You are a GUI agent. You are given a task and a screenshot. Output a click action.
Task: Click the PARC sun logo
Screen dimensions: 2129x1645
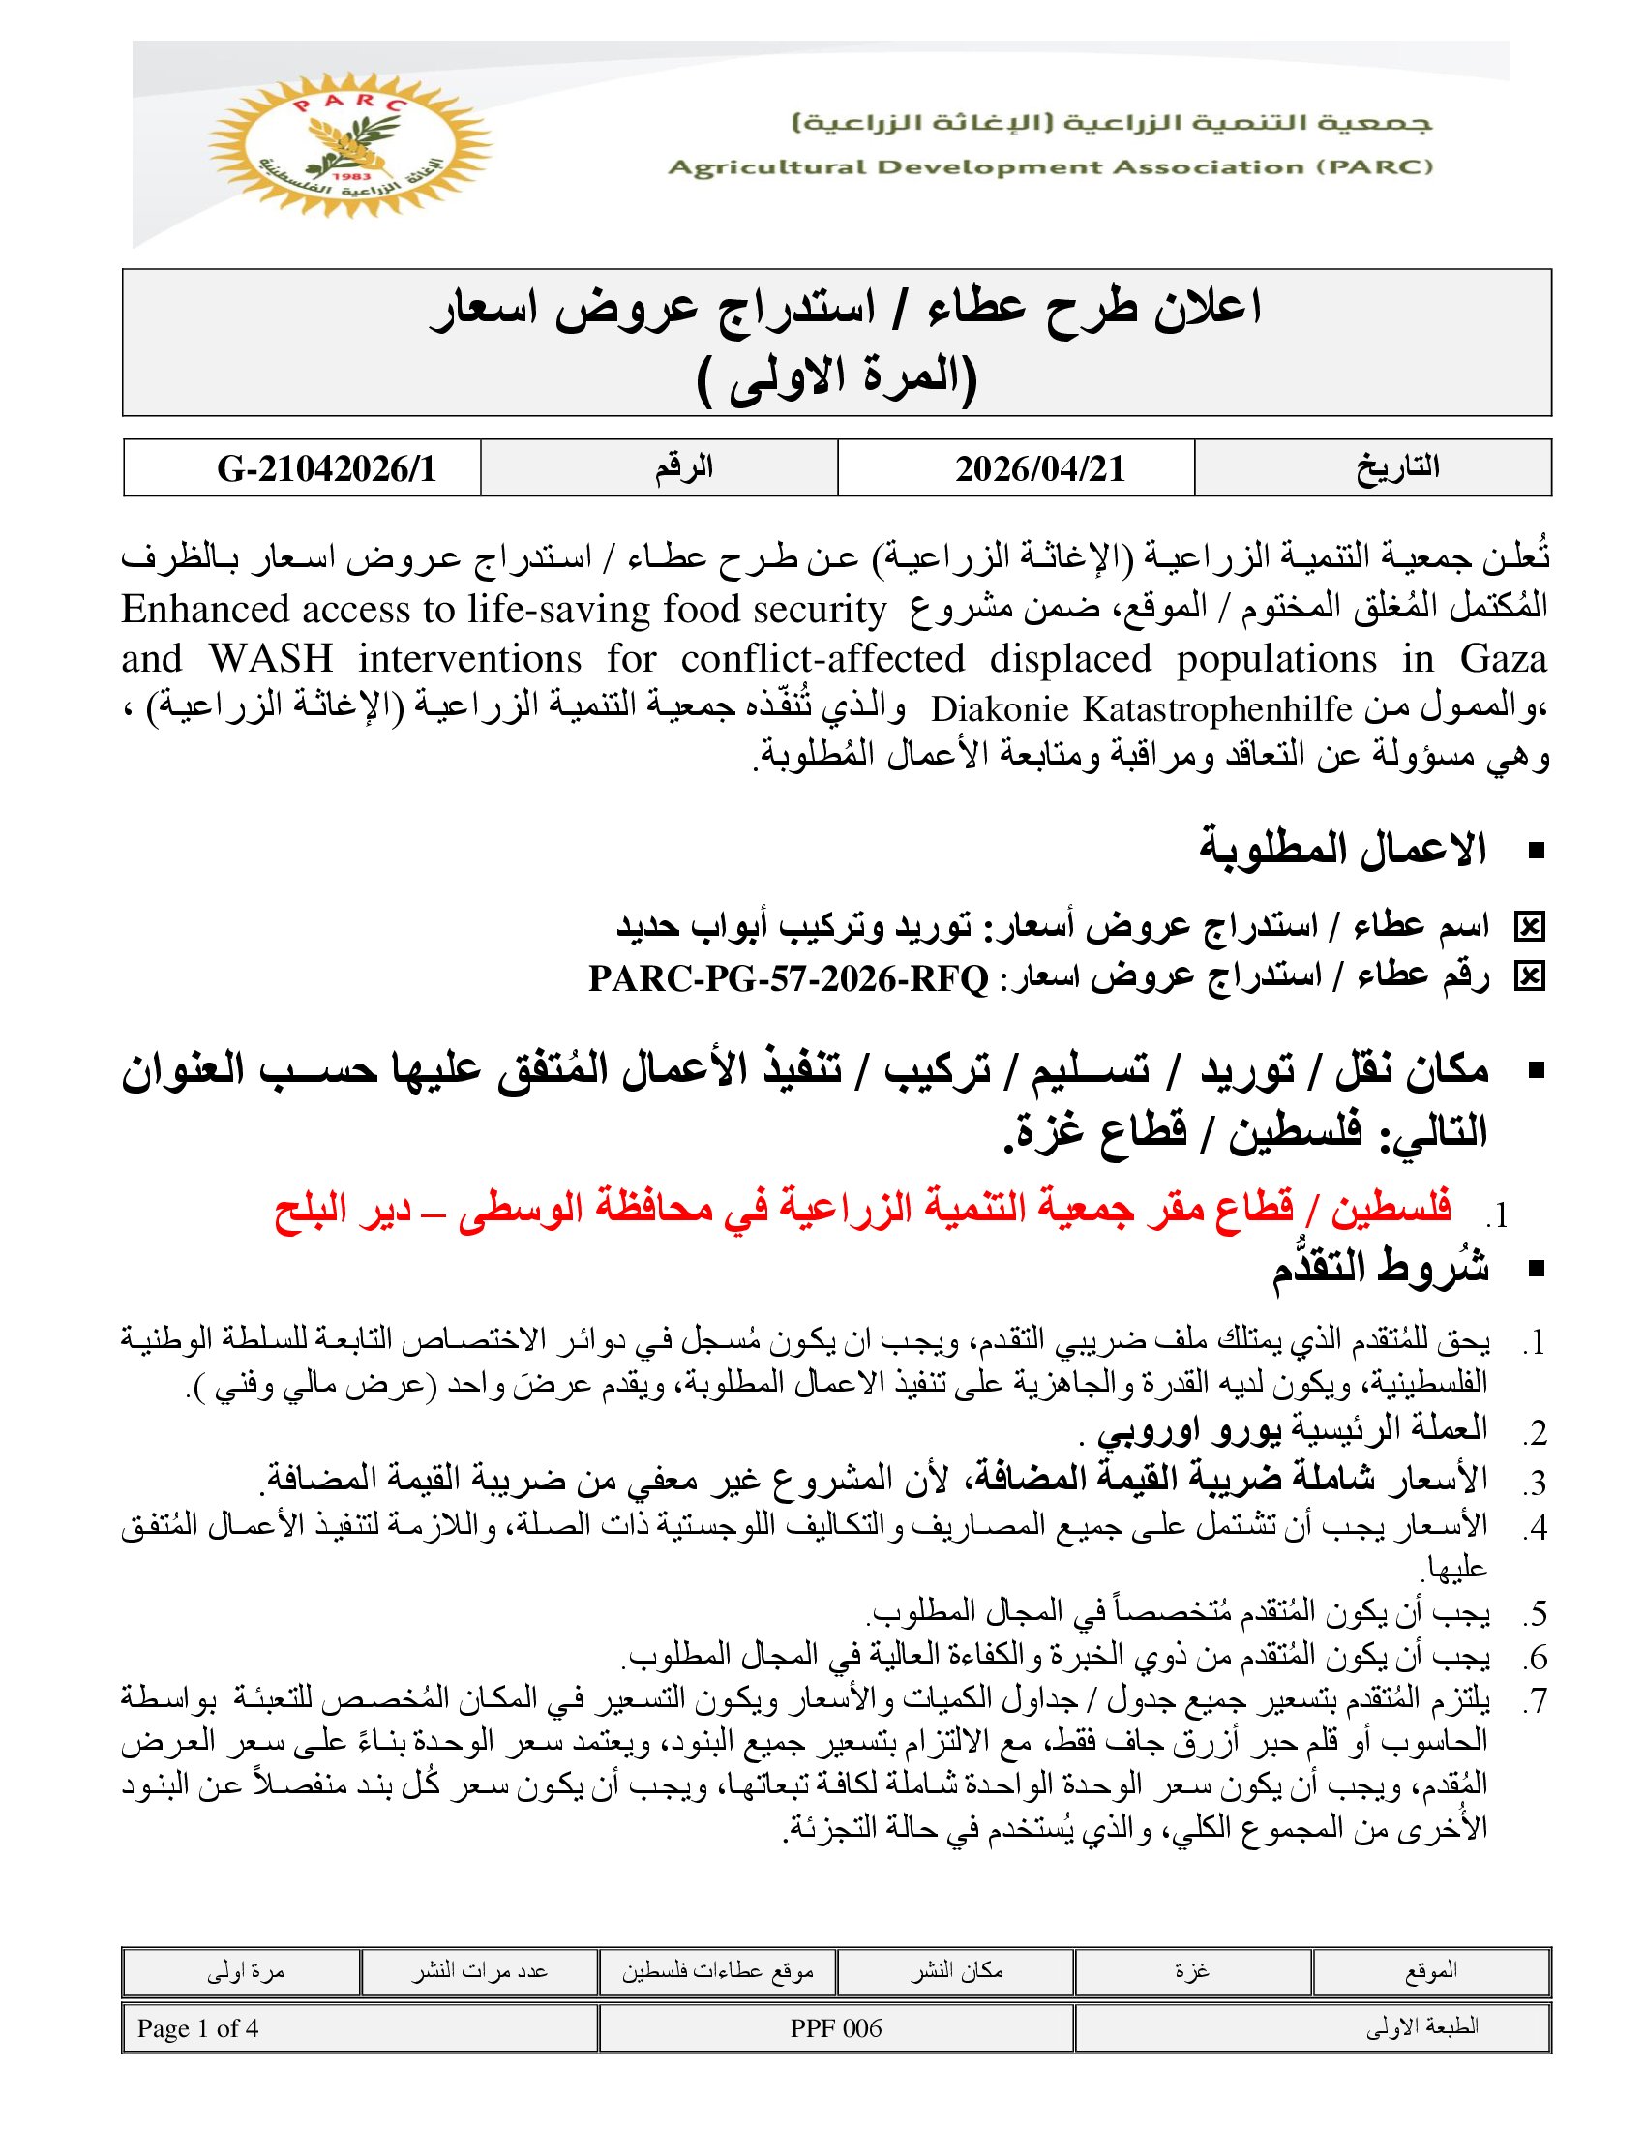(349, 144)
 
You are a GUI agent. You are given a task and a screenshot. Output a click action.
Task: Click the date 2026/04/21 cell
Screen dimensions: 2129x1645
(1040, 469)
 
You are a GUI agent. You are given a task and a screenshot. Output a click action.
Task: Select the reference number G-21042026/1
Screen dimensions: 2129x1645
(326, 469)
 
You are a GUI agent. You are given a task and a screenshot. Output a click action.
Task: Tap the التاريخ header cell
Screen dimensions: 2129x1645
(1397, 468)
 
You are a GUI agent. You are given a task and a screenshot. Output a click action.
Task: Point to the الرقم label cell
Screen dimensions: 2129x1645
(683, 468)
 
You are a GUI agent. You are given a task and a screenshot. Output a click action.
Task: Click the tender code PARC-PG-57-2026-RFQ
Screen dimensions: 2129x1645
(789, 977)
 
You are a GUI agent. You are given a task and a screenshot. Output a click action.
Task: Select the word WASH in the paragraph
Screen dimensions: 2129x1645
(271, 660)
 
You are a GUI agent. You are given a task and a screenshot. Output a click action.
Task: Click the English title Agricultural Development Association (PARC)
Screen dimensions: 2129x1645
(1050, 167)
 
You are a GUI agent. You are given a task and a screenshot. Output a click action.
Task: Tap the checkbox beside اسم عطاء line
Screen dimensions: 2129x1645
(1529, 927)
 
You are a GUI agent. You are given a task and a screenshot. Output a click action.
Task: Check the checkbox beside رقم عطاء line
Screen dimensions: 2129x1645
(1529, 976)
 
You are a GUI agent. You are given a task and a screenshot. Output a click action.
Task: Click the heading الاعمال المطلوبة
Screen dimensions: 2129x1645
(1342, 850)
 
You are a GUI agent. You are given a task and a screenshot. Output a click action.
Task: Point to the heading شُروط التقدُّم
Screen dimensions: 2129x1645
(1379, 1270)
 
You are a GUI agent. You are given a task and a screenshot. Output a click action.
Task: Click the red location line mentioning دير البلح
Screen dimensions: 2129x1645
(862, 1209)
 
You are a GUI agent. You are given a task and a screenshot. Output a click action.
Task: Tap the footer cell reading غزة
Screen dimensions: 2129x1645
(1193, 1971)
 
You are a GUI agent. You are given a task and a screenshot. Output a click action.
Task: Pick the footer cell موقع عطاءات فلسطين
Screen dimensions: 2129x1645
(717, 1971)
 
